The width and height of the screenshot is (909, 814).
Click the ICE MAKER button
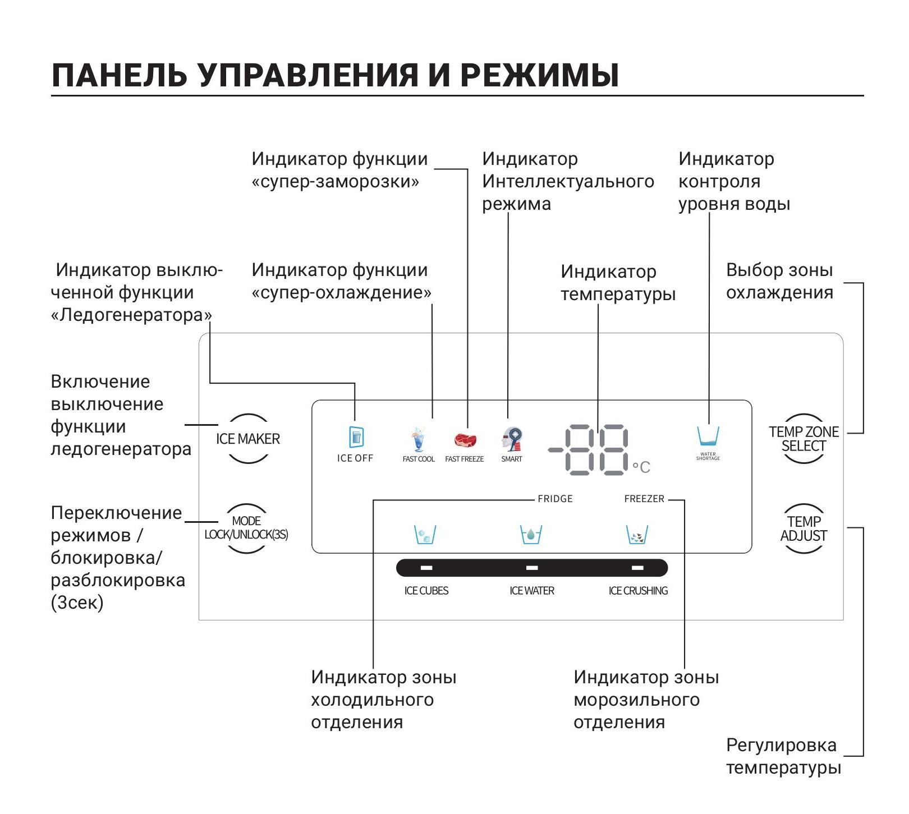(x=248, y=439)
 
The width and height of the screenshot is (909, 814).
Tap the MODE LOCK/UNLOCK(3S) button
(x=246, y=528)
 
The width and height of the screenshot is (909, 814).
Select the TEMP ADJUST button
(x=804, y=528)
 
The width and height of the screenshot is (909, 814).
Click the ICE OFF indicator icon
(x=356, y=437)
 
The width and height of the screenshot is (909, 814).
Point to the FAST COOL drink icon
(x=419, y=440)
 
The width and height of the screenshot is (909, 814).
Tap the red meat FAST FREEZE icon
(x=465, y=440)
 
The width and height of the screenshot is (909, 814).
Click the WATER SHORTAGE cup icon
(x=708, y=436)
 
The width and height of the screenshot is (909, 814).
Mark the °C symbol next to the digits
(x=641, y=467)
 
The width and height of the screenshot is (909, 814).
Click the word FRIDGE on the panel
(x=555, y=499)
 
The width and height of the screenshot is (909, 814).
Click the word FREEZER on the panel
(x=644, y=499)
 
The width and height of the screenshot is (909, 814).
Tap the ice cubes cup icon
(x=425, y=535)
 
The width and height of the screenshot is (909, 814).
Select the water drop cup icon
(x=531, y=535)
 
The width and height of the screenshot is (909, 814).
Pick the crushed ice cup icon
(x=637, y=535)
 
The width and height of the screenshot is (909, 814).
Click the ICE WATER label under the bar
(x=531, y=591)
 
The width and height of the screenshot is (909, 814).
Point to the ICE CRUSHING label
(x=638, y=591)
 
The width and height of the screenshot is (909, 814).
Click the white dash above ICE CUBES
(x=426, y=568)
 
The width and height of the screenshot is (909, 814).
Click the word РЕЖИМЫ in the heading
(x=539, y=76)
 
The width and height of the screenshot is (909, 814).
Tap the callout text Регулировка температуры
(x=783, y=756)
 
